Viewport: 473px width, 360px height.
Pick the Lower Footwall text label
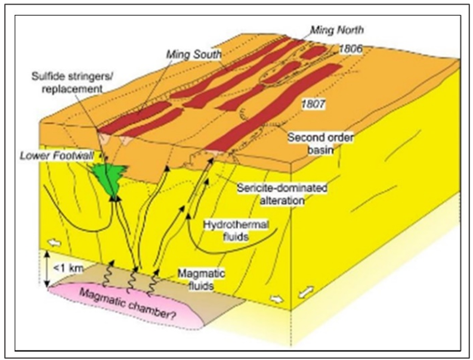68,156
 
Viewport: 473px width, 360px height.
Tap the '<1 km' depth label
73,268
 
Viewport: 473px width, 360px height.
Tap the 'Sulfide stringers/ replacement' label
69,83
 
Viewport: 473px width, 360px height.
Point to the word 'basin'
319,150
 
